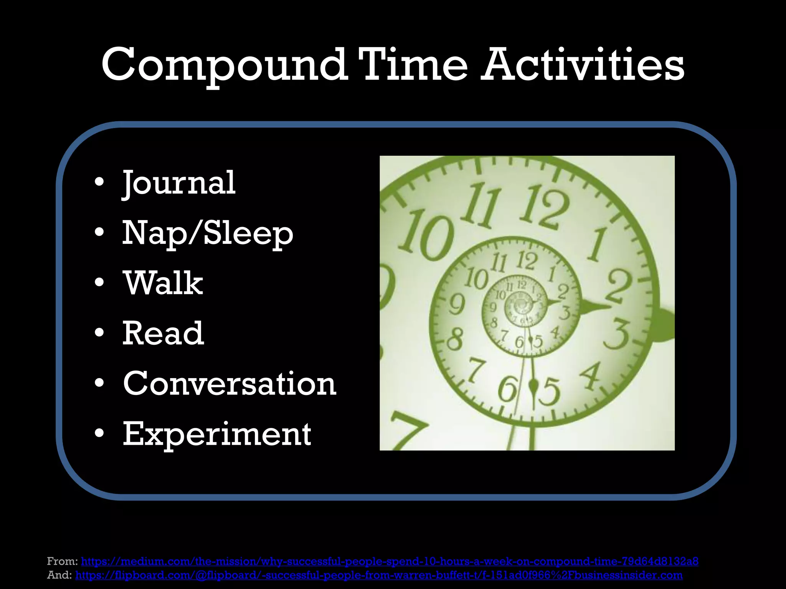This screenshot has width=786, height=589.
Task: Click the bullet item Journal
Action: (178, 183)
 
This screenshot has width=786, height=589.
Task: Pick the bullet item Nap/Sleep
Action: (208, 234)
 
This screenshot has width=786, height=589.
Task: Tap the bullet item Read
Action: (163, 333)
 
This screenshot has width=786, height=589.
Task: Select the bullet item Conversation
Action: (230, 383)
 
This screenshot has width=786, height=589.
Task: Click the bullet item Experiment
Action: (217, 434)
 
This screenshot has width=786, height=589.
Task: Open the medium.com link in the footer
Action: (390, 561)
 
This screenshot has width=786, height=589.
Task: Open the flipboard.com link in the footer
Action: (379, 575)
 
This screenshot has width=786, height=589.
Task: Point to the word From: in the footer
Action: (63, 561)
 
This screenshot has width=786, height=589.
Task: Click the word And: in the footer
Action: (59, 575)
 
